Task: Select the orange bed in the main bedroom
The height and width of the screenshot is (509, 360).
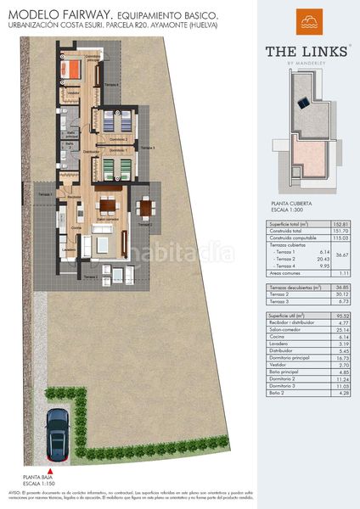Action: (74, 66)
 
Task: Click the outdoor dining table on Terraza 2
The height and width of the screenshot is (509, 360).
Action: (146, 210)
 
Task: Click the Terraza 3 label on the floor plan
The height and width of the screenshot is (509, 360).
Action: (148, 148)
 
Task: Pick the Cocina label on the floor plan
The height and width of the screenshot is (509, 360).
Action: (76, 228)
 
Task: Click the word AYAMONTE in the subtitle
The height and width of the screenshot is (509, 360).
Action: (176, 25)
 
